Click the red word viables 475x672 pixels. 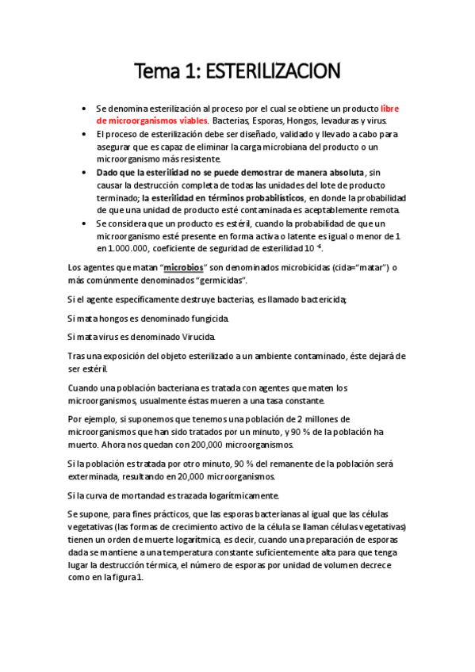[188, 120]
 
